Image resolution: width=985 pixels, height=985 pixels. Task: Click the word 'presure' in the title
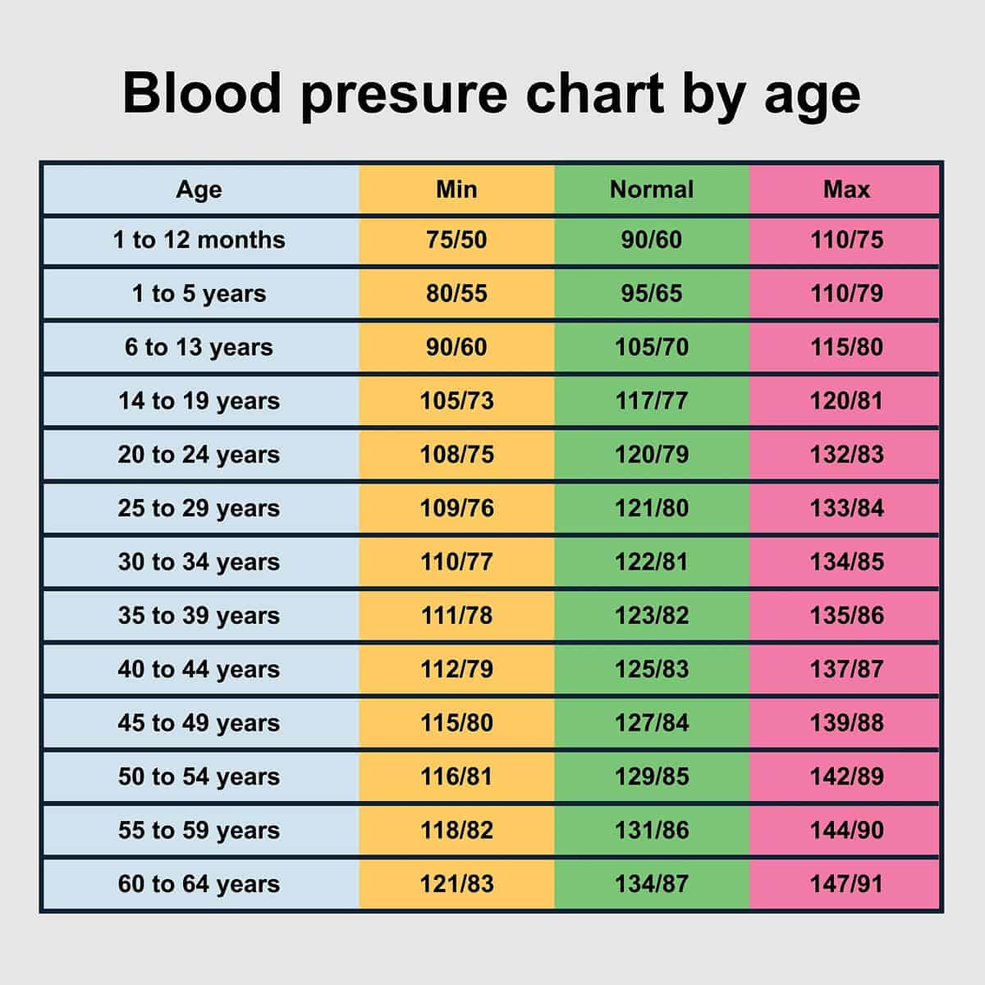click(404, 94)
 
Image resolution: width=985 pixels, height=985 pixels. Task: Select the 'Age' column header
click(199, 190)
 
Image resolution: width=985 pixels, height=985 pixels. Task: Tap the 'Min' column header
click(456, 190)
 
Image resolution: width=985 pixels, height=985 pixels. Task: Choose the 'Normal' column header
click(652, 190)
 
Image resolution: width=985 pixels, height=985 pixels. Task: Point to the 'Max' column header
click(846, 190)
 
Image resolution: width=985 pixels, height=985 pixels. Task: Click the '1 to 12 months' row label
click(199, 240)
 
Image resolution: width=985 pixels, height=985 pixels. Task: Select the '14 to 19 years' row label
click(199, 401)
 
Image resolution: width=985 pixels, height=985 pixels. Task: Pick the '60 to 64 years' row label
click(199, 884)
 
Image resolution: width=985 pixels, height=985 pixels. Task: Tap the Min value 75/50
click(456, 240)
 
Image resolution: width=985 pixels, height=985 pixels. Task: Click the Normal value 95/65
click(652, 294)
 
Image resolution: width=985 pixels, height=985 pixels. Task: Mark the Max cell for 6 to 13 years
click(846, 347)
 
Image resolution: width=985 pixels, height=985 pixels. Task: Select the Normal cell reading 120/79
click(652, 455)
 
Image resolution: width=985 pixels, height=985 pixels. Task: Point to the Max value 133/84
click(846, 508)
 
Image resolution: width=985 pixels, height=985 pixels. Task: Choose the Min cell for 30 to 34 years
click(456, 562)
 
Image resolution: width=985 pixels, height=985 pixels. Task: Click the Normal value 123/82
click(652, 616)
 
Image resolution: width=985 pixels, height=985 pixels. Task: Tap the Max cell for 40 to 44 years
click(846, 669)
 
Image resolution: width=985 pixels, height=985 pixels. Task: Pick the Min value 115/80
click(456, 723)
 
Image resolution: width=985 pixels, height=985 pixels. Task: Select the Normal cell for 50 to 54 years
click(652, 777)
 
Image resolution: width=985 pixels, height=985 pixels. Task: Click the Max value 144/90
click(846, 830)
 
